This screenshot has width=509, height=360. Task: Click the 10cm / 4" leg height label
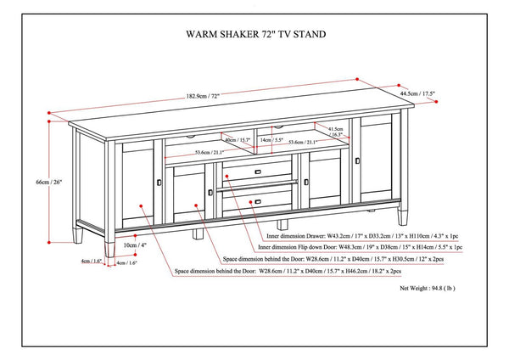tap(130, 245)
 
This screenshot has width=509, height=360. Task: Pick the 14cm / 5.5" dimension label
tap(271, 139)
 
